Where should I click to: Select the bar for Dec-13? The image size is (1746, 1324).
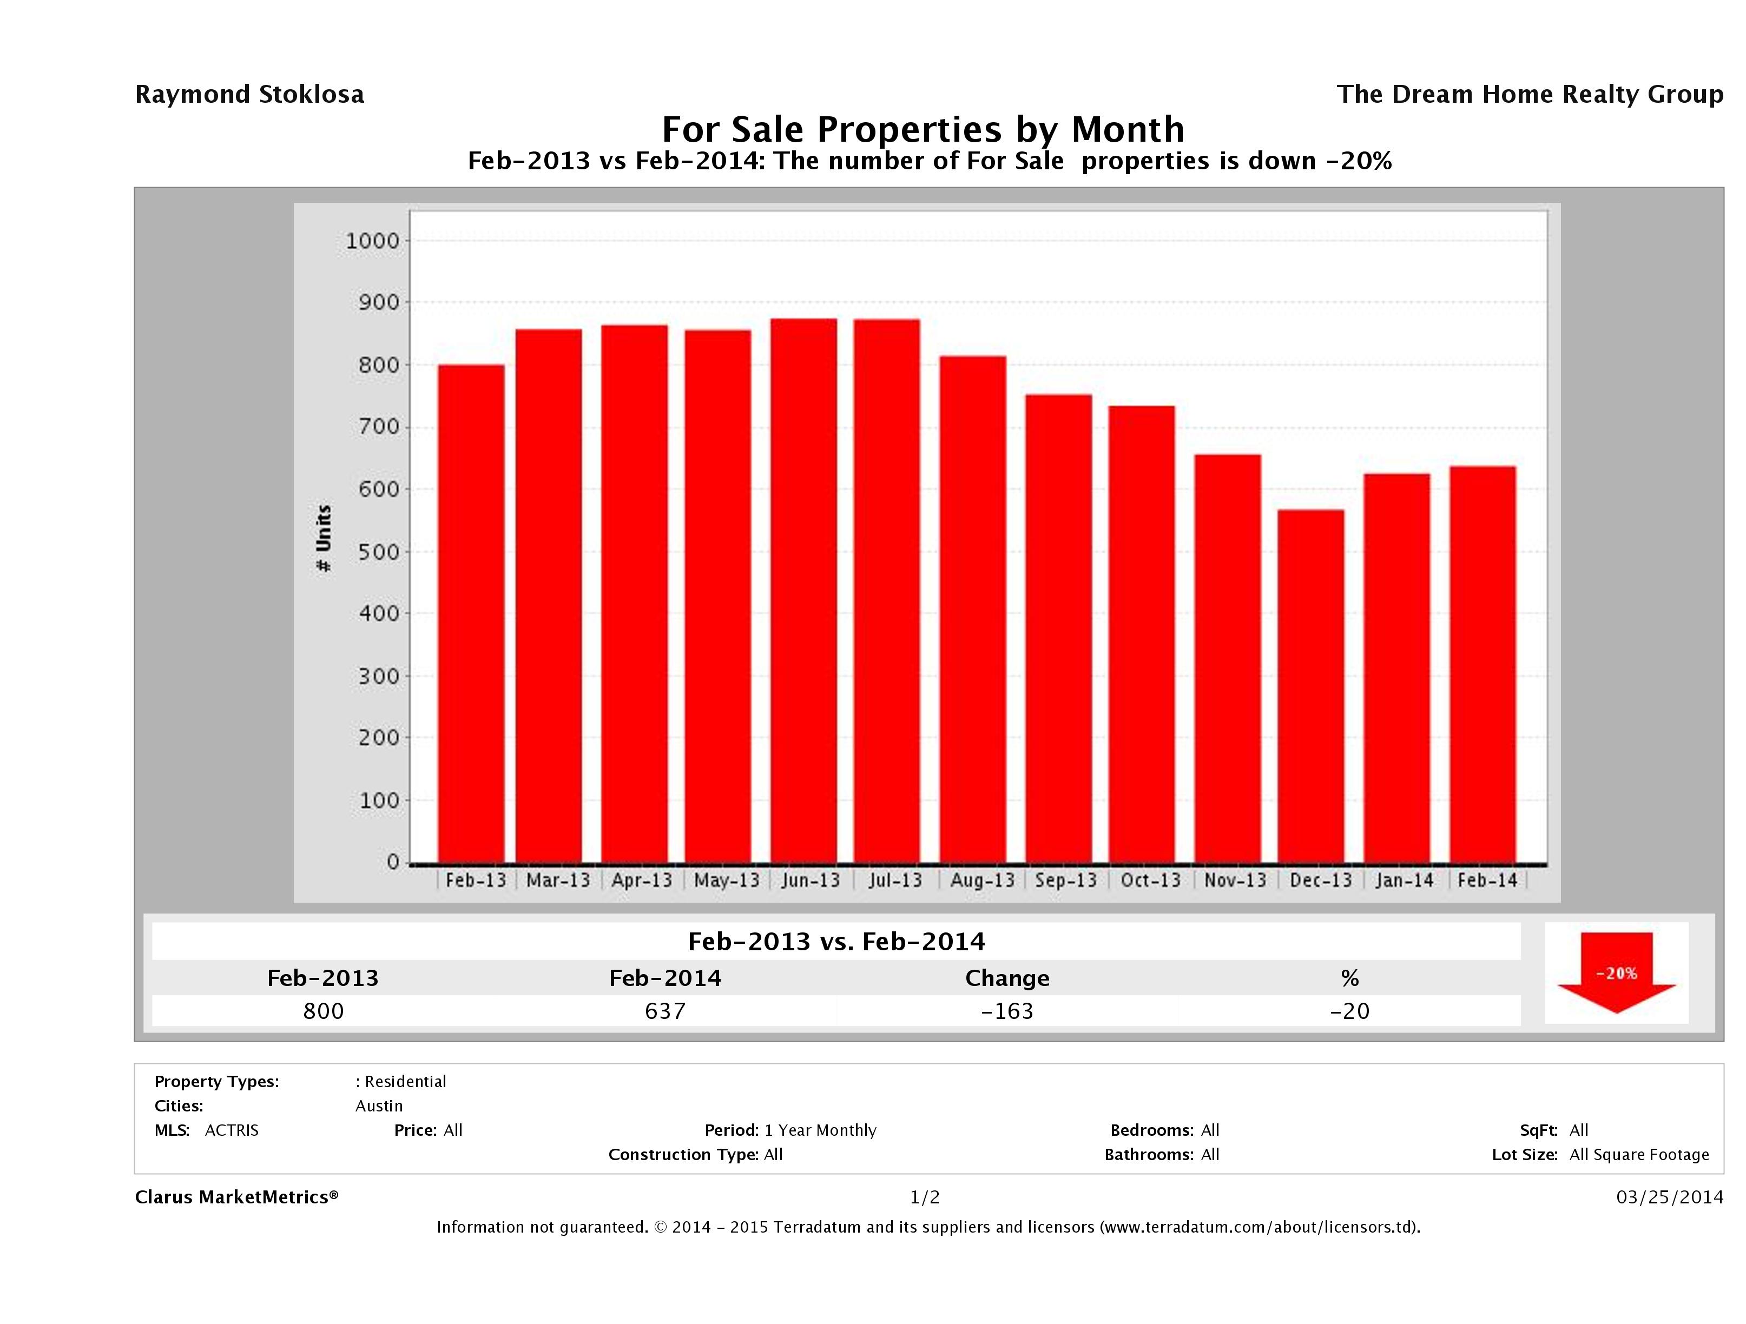coord(1310,686)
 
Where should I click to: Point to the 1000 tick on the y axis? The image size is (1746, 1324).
coord(373,241)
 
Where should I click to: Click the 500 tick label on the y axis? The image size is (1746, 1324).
coord(379,552)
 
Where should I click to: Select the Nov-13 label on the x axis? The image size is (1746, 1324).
coord(1235,881)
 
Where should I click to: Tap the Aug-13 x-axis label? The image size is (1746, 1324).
coord(982,881)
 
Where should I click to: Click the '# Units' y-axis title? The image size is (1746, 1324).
coord(324,538)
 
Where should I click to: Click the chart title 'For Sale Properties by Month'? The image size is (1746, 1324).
coord(923,129)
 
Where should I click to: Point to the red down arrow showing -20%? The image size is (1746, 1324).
coord(1616,973)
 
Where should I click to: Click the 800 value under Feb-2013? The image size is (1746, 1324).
coord(324,1011)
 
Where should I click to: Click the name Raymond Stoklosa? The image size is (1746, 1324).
coord(249,95)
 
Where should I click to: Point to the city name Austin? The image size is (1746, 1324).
coord(379,1106)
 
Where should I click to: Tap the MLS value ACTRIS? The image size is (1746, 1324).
coord(231,1131)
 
